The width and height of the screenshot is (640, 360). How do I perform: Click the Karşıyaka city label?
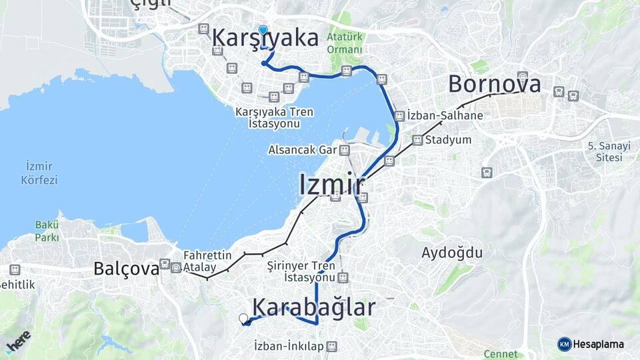tap(265, 39)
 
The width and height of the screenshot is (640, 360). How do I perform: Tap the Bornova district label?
tap(494, 84)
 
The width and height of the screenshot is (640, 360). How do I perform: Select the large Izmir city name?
tap(331, 185)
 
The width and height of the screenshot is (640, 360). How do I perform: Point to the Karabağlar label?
tap(315, 307)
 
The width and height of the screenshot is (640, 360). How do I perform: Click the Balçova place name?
tap(126, 268)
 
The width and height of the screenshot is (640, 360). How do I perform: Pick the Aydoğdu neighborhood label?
tap(452, 253)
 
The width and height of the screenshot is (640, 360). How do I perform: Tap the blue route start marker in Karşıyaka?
tap(263, 31)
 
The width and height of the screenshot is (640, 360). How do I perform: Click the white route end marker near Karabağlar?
tap(243, 319)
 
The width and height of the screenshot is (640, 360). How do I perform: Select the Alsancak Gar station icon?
tap(344, 150)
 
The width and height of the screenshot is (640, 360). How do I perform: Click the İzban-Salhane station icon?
tap(399, 115)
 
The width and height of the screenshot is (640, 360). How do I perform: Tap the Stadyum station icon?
tap(417, 140)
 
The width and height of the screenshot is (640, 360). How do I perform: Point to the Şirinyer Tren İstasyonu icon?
tap(343, 277)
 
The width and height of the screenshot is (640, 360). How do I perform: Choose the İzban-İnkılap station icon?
tap(332, 346)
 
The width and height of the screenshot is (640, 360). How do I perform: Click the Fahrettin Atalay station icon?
tap(176, 267)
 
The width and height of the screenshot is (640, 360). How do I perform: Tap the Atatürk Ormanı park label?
tap(345, 43)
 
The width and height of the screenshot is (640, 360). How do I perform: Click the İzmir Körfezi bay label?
tap(40, 172)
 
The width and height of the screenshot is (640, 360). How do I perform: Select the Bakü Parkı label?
tap(47, 231)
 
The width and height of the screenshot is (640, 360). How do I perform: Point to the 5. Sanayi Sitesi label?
tap(605, 151)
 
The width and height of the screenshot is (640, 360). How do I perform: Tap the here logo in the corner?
tap(18, 342)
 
